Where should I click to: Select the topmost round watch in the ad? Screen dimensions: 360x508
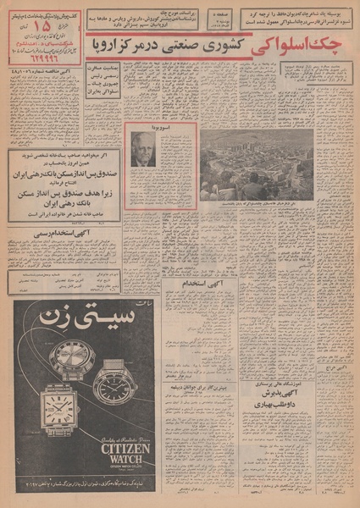click(72, 355)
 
